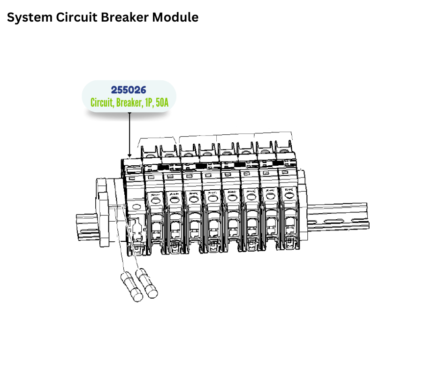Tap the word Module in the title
coord(176,17)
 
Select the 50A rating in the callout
coord(162,102)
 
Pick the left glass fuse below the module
coord(131,287)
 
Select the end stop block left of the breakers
coord(104,211)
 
